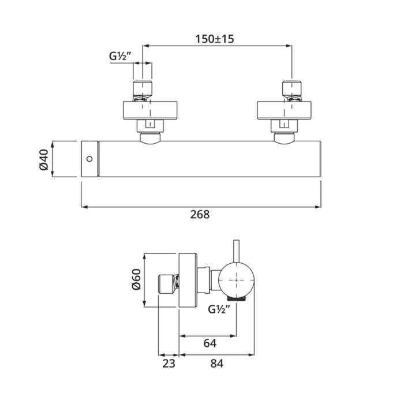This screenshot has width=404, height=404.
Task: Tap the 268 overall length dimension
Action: [201, 214]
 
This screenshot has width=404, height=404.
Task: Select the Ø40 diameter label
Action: [43, 159]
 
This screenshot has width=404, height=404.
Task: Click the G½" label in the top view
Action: [121, 57]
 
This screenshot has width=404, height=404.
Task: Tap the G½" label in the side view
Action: [220, 309]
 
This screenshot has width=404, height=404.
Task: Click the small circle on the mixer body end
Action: [88, 159]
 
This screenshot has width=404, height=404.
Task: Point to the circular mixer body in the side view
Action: [235, 280]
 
